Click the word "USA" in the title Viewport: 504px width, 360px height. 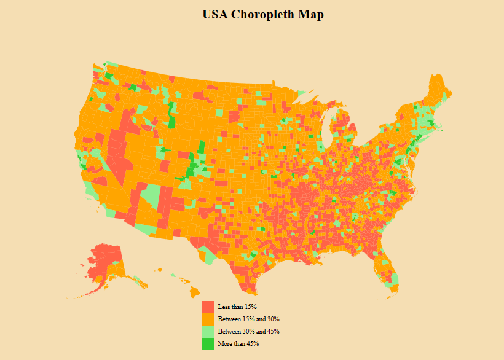coord(215,15)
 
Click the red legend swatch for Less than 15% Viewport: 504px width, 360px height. coord(208,307)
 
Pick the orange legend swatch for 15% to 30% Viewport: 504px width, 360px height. coord(208,319)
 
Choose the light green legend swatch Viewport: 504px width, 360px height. coord(208,332)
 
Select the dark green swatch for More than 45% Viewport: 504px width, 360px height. coord(208,344)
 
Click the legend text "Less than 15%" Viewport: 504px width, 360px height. coord(237,307)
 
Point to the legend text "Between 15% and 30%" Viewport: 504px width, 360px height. coord(248,319)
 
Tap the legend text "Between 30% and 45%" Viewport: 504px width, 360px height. coord(248,332)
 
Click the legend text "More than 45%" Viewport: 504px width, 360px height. coord(238,344)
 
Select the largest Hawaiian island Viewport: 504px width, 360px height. coord(195,291)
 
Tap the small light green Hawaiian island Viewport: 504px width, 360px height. coord(173,275)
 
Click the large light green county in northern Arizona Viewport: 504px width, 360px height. coord(150,195)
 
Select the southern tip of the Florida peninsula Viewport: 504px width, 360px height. coord(391,284)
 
